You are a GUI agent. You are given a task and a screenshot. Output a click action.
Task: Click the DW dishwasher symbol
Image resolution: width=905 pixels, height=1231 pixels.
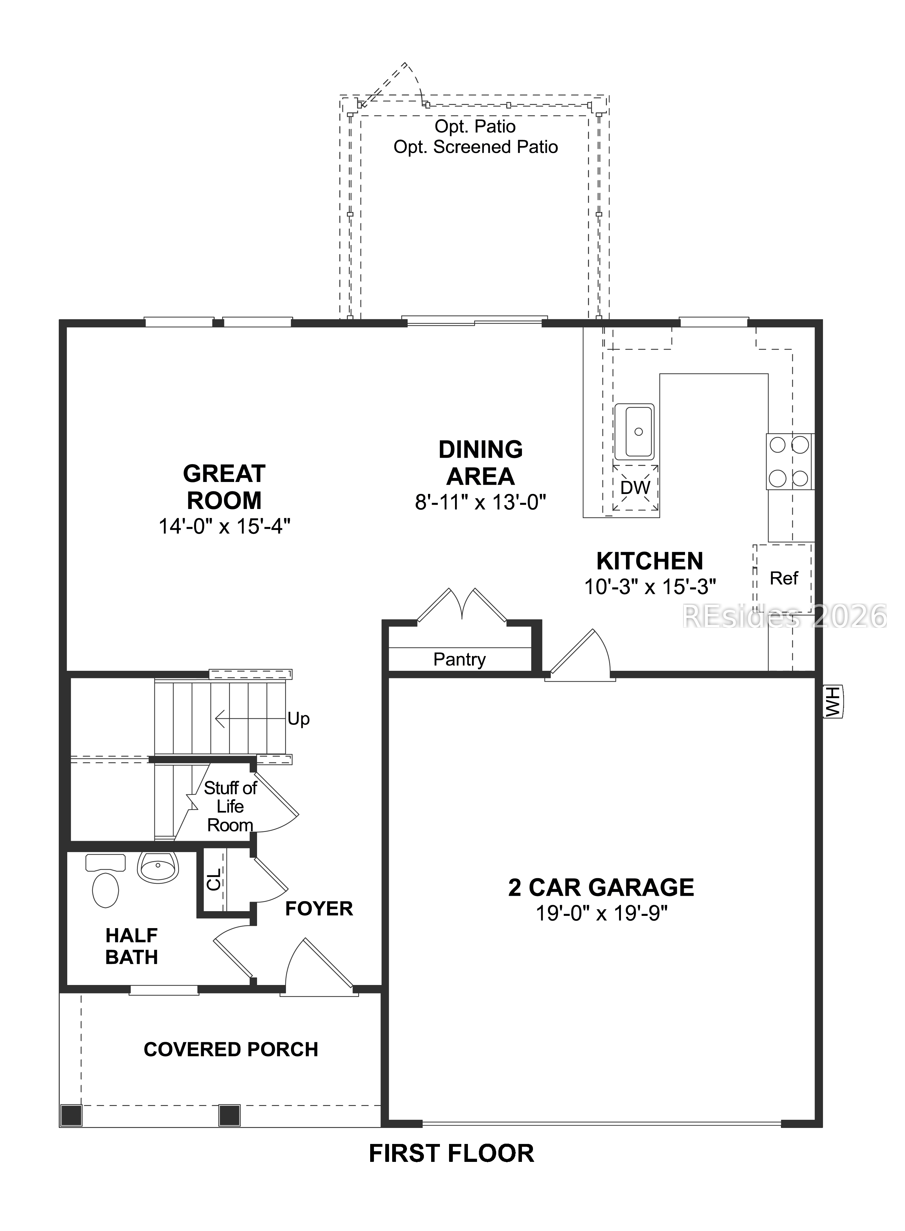[635, 487]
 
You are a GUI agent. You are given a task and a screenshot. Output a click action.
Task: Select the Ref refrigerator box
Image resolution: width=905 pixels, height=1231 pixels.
[783, 578]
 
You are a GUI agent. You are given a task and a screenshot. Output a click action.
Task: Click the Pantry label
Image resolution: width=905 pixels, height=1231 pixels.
[459, 659]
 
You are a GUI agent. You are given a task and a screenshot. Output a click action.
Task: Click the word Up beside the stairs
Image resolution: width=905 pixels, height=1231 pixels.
[299, 719]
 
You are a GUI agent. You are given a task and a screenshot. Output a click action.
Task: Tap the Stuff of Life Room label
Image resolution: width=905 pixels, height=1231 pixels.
[230, 806]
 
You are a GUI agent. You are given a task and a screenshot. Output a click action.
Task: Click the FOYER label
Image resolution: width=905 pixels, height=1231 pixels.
[319, 909]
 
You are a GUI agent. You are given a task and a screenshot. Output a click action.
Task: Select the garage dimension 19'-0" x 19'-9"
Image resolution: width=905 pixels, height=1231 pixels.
[601, 914]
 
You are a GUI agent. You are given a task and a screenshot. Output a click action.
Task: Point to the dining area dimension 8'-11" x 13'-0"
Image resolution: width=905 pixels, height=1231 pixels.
[480, 502]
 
